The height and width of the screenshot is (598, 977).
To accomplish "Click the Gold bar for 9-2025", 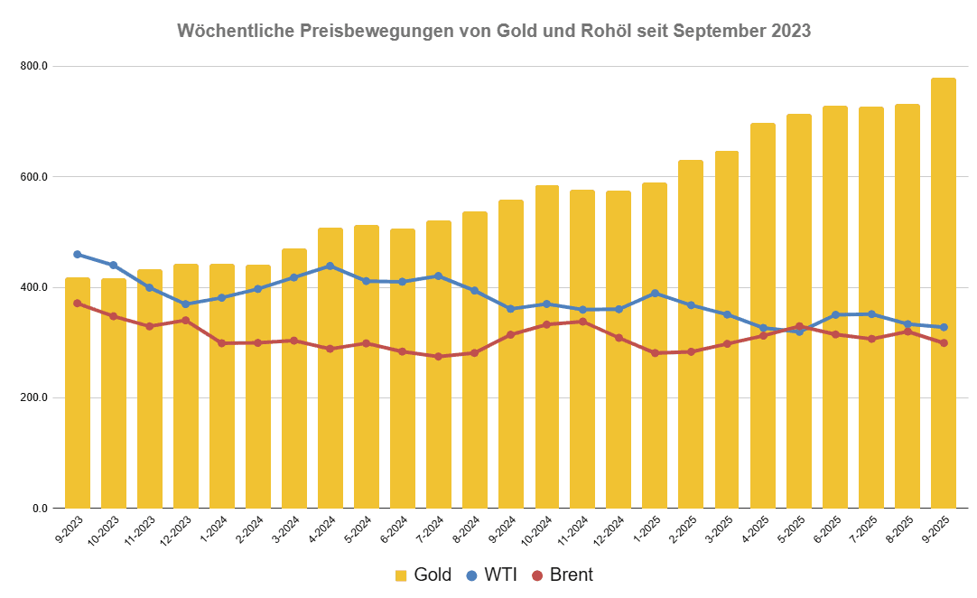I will (943, 293).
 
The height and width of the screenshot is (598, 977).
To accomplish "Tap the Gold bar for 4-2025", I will (763, 315).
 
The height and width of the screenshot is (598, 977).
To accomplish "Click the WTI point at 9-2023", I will (78, 255).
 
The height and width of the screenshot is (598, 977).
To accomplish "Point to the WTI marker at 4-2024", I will (330, 266).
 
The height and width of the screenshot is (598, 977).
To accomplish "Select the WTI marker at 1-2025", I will (655, 293).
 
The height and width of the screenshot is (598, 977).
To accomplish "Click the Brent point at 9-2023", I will (78, 304).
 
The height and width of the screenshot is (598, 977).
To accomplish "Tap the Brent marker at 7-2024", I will (438, 357).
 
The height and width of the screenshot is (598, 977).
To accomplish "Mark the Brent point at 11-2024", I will (582, 322).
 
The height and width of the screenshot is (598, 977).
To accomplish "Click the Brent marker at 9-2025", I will (943, 343).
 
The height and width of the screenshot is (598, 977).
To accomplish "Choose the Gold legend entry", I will (423, 575).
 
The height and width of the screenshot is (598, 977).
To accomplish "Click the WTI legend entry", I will (492, 575).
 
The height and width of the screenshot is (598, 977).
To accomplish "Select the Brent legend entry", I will (563, 575).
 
